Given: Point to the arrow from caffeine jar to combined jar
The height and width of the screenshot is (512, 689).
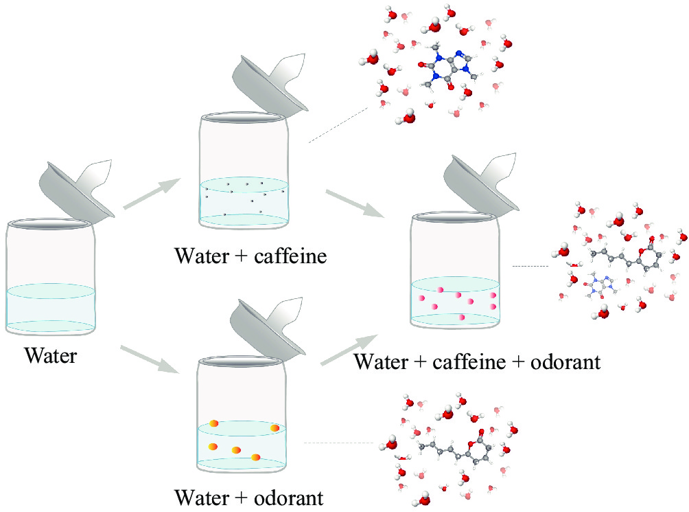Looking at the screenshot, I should click(353, 203).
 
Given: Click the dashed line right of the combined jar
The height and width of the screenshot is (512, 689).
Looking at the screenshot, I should click(530, 266).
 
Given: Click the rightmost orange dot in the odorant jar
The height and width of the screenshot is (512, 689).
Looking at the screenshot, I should click(275, 428).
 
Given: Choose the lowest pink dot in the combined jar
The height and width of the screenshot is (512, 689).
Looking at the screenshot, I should click(463, 317).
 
